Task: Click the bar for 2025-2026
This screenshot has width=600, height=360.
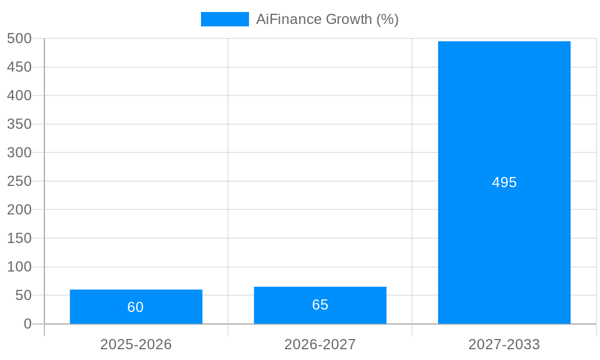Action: click(x=136, y=307)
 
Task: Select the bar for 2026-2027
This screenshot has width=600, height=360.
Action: click(x=320, y=305)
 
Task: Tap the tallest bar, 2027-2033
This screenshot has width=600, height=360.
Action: click(x=504, y=182)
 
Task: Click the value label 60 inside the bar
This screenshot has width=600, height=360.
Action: click(x=136, y=307)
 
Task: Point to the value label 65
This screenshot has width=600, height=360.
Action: click(x=320, y=305)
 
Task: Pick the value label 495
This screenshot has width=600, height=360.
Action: click(x=504, y=182)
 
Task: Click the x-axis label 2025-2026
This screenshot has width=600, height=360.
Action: click(x=136, y=344)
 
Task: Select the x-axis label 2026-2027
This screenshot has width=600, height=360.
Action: click(x=320, y=344)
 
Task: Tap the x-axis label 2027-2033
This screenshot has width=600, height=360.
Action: click(x=504, y=344)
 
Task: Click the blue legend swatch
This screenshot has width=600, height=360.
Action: click(x=224, y=19)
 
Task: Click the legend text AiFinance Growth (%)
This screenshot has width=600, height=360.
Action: click(x=327, y=19)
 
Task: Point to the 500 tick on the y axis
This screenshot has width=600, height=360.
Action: click(x=19, y=38)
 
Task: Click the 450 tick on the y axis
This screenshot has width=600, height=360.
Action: click(x=19, y=67)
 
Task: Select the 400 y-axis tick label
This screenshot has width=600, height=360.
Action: click(x=19, y=95)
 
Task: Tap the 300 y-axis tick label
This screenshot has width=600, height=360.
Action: click(x=19, y=152)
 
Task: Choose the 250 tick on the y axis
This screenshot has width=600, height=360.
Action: click(x=19, y=181)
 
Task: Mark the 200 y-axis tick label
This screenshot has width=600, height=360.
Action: click(x=19, y=209)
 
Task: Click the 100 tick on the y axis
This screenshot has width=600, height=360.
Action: click(x=19, y=266)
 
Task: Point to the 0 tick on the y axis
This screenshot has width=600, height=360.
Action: click(x=27, y=324)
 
